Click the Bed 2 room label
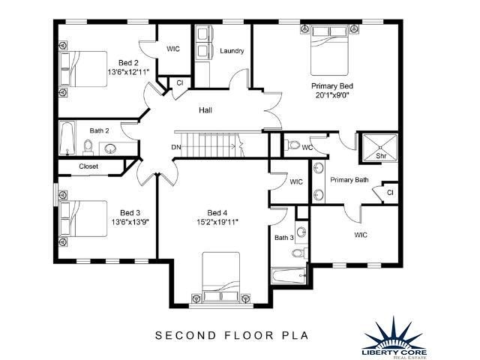[128, 62]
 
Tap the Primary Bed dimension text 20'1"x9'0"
[331, 95]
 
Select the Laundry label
[232, 51]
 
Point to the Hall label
[205, 110]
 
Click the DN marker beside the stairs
[176, 146]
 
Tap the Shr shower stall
[380, 148]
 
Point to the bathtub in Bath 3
[289, 275]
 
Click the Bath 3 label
[284, 238]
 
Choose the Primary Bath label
[349, 180]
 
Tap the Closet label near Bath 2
[88, 166]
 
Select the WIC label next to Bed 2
[173, 49]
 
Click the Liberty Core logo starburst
[393, 327]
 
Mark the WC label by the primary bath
[307, 147]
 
